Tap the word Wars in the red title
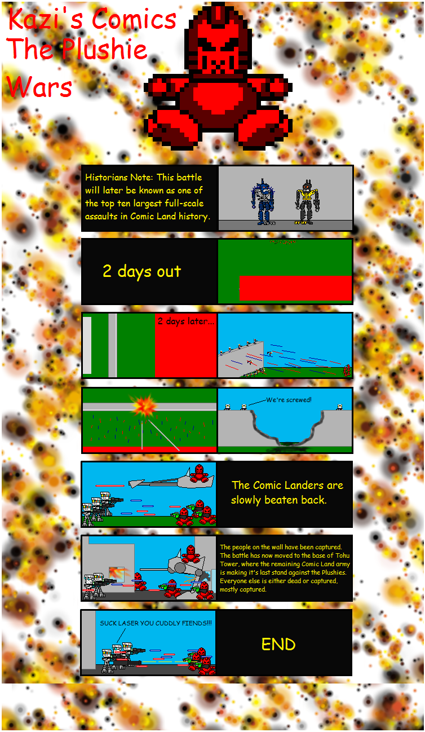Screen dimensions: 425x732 pos(39,87)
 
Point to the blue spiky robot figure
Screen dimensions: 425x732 pos(263,202)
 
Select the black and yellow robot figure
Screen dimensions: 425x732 pos(307,202)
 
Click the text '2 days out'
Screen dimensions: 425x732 pos(142,272)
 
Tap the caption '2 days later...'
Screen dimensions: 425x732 pos(186,321)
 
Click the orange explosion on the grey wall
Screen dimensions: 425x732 pos(143,405)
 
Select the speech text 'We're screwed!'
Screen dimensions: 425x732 pos(289,400)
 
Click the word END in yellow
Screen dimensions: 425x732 pos(278,645)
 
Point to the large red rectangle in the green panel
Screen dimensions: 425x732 pos(295,288)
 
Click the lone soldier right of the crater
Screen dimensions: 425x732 pos(340,407)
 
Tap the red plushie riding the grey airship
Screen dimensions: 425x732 pos(200,474)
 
